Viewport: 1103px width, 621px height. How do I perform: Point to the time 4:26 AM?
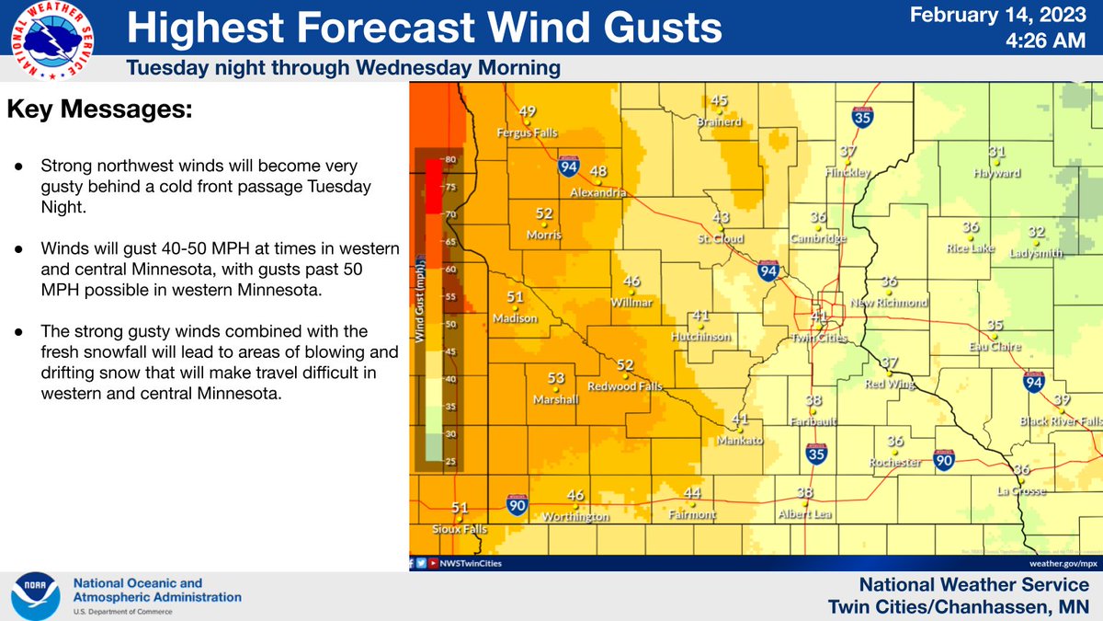(x=1050, y=41)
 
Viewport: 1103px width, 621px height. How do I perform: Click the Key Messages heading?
(x=100, y=109)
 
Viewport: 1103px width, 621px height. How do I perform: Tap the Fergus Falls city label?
(x=527, y=131)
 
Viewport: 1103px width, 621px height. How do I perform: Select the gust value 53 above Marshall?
(x=556, y=378)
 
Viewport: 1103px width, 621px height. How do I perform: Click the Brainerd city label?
(x=719, y=121)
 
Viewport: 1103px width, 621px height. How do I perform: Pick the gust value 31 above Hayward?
(x=996, y=152)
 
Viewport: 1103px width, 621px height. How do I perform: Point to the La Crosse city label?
(x=1020, y=491)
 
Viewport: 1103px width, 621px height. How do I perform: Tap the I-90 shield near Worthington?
(x=517, y=504)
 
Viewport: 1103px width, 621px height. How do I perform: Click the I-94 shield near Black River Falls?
(x=1034, y=381)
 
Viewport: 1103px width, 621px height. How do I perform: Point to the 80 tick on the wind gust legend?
(x=450, y=160)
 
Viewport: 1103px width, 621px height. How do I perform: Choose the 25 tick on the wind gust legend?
(x=450, y=460)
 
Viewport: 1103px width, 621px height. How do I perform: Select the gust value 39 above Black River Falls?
(x=1062, y=399)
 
